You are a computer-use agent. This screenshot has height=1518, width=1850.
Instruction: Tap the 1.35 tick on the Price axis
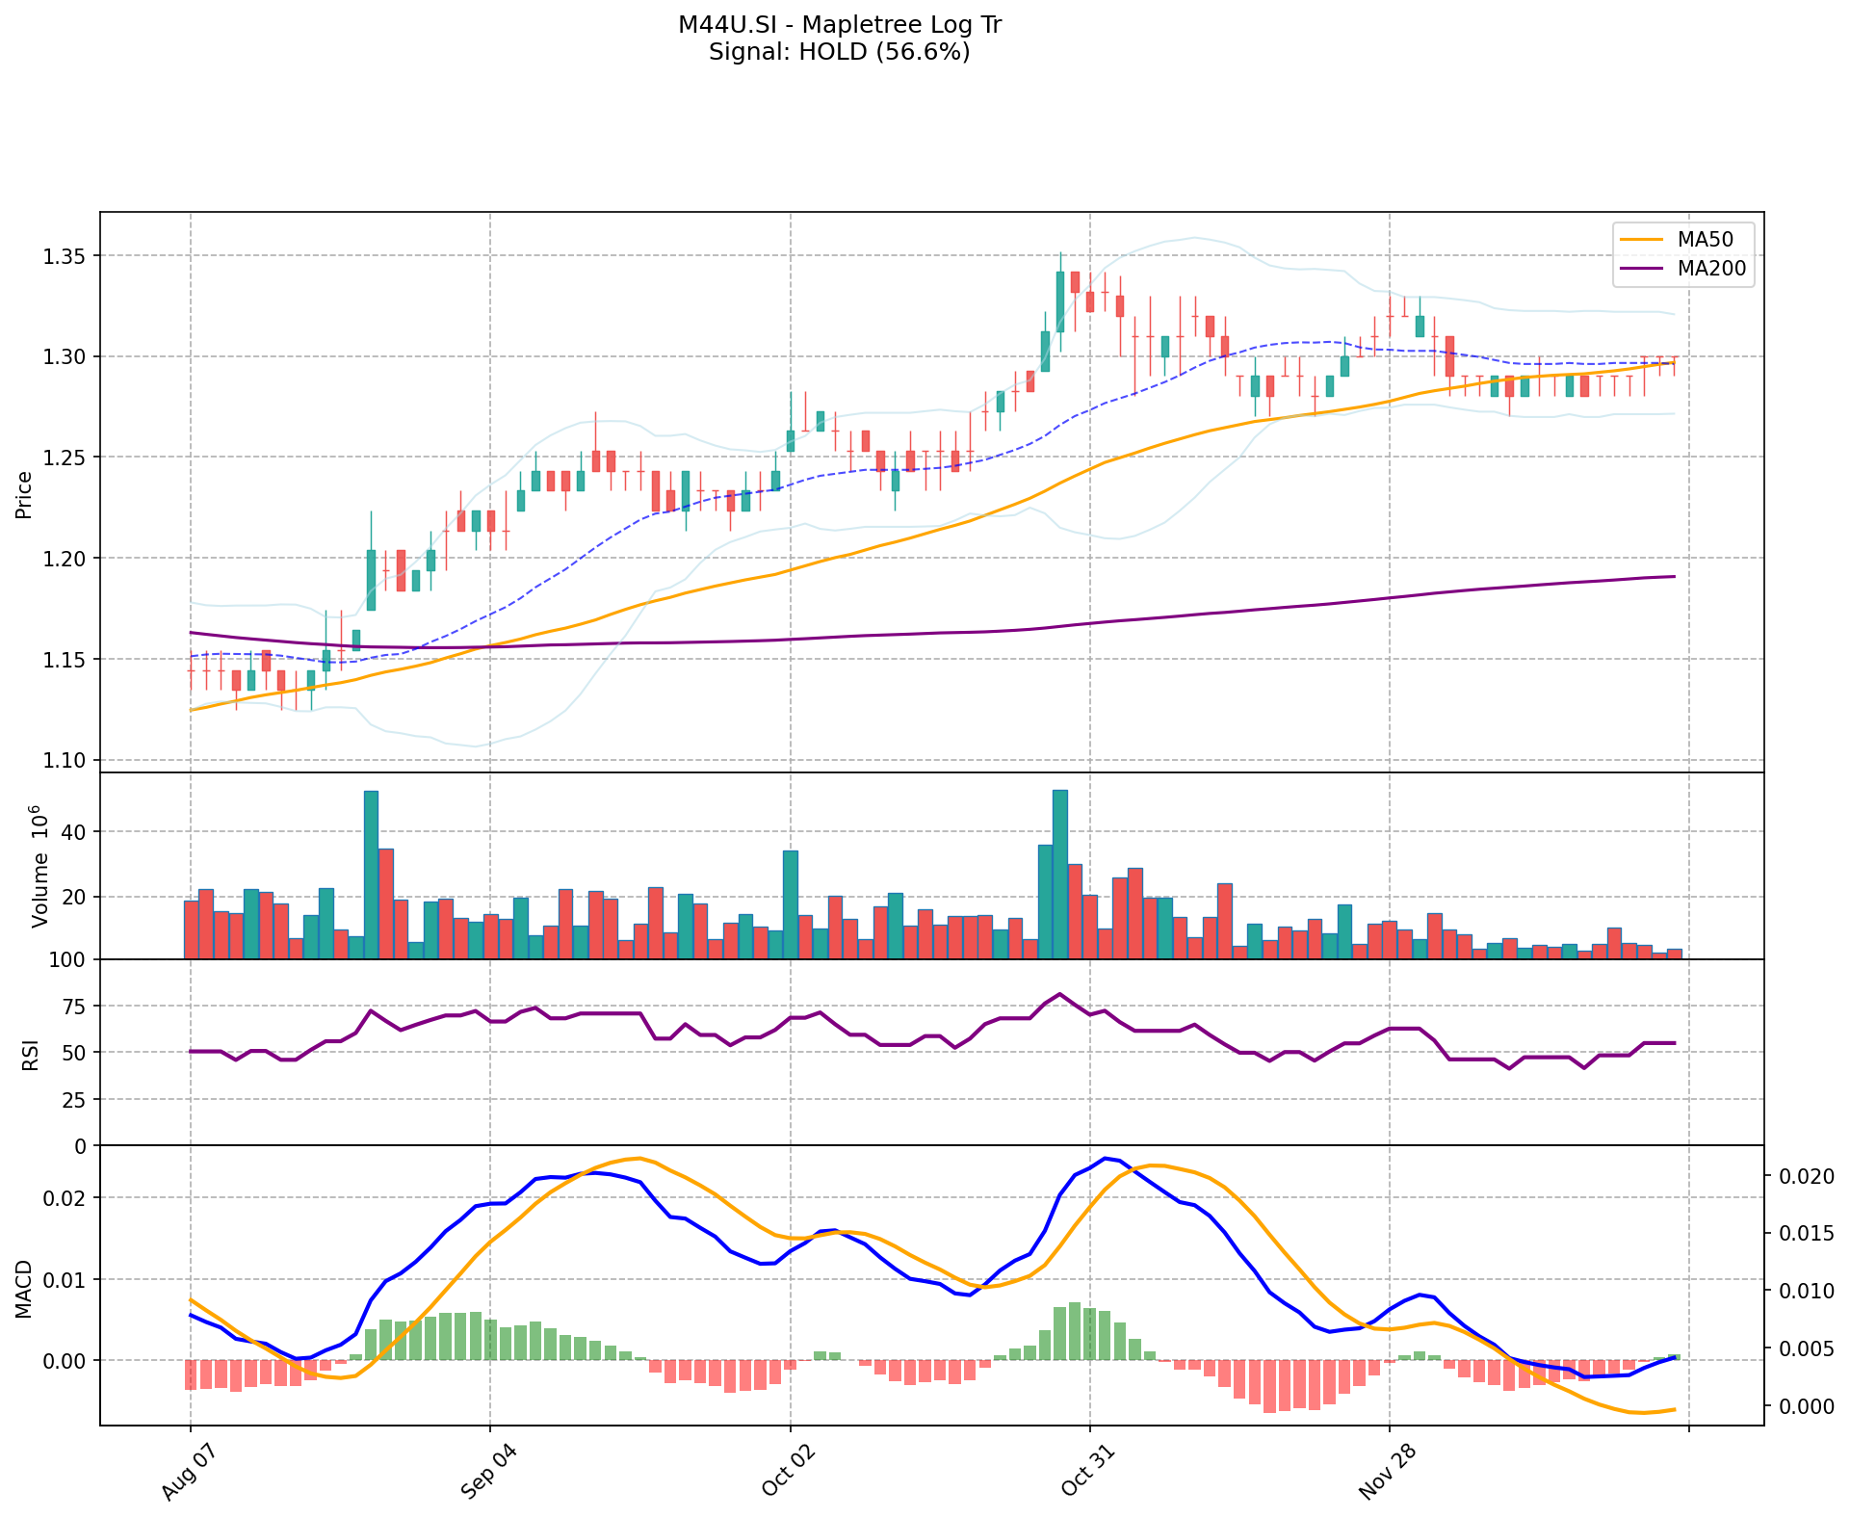point(65,256)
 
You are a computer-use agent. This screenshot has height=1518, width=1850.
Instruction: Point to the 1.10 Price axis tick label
point(65,761)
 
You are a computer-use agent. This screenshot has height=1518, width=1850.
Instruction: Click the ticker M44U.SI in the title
point(725,25)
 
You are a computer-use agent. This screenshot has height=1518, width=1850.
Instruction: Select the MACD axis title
point(25,1289)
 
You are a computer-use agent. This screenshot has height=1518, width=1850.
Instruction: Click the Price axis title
point(25,495)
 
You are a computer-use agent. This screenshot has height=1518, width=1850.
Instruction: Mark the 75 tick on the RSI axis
point(74,1007)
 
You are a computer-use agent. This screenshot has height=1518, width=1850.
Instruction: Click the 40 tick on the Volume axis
point(74,832)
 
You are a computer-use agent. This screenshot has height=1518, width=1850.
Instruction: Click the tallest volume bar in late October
point(1059,874)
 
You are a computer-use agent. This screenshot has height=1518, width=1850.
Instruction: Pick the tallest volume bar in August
point(371,875)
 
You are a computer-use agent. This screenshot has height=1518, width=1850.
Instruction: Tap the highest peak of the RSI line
point(1059,994)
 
